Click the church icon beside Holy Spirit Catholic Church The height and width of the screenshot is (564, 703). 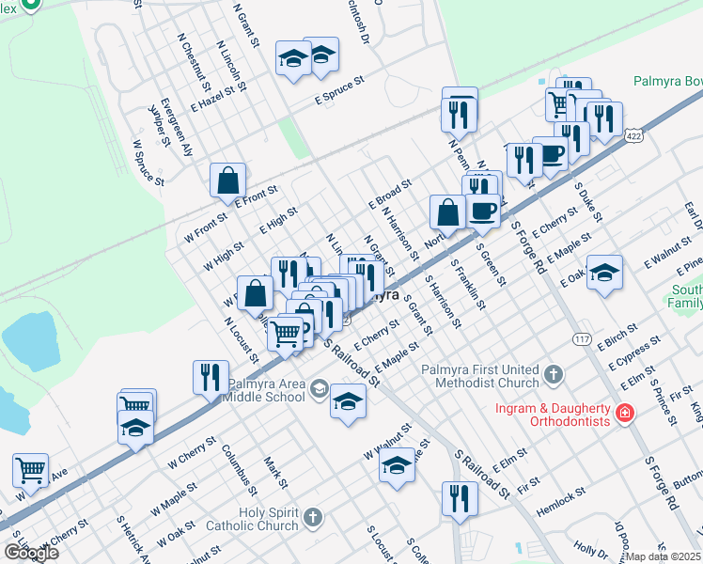313,519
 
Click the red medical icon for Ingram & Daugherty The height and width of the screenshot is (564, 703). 625,413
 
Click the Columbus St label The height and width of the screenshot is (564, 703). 239,468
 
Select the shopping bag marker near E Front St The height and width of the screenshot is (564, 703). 227,181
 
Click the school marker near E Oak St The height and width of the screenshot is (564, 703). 605,274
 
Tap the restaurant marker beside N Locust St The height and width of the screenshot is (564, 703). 211,378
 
